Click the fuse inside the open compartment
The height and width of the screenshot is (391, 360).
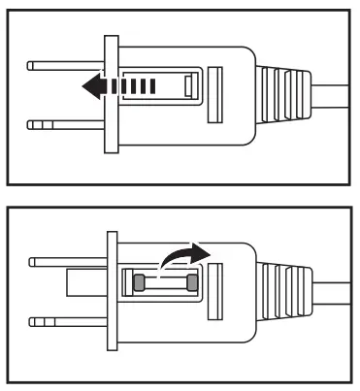(x=165, y=283)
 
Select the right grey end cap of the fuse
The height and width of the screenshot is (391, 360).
(x=192, y=283)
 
